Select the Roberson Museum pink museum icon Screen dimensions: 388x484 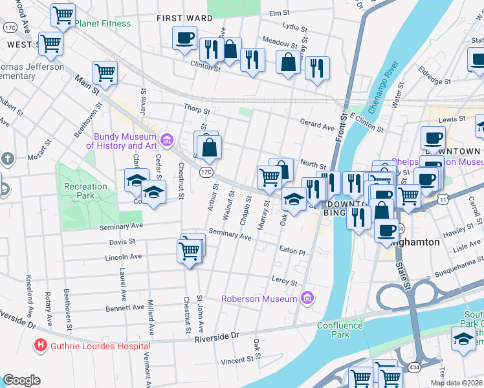(307, 298)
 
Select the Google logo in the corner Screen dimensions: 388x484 (21, 380)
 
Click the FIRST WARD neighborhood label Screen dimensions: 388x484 (184, 18)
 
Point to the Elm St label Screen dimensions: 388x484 (278, 13)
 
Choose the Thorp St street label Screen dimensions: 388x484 (193, 110)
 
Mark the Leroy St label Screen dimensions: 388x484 (284, 283)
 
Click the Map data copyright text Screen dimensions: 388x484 (456, 383)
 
